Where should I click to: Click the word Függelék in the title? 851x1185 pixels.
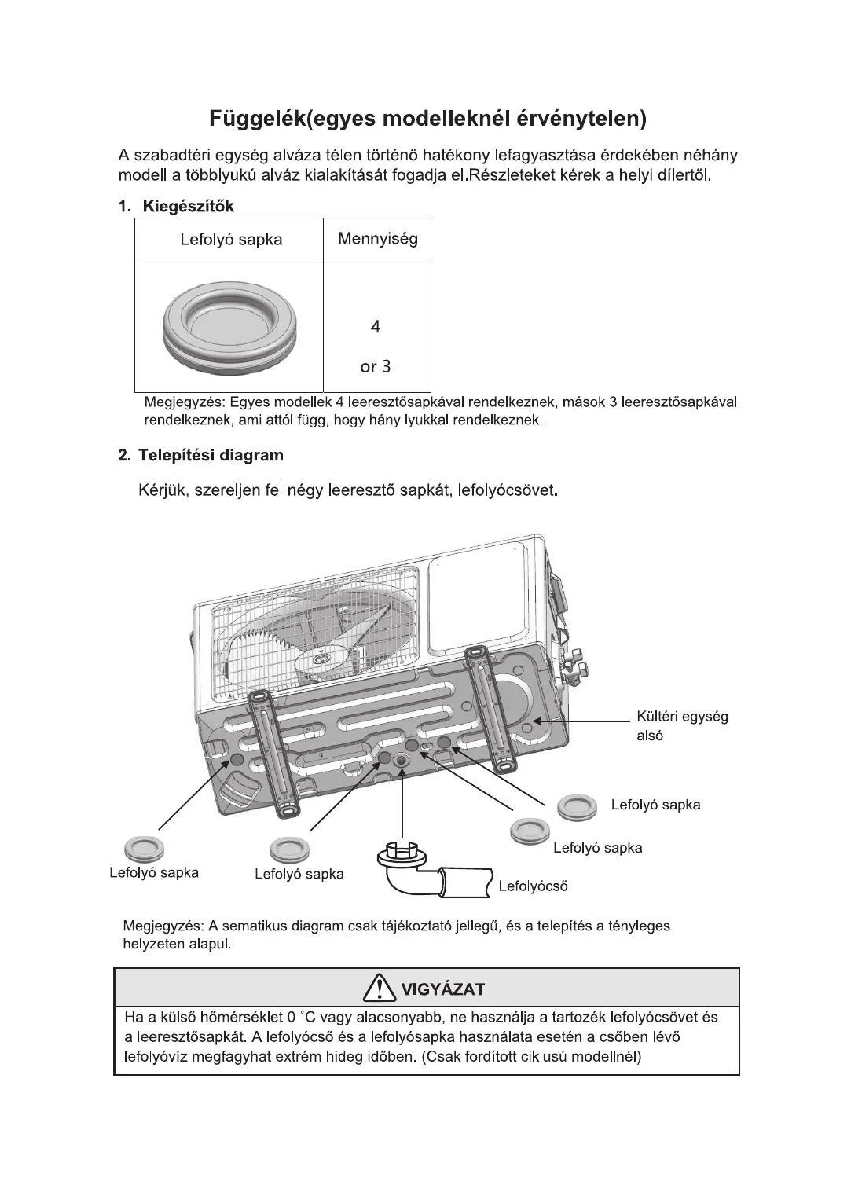click(255, 119)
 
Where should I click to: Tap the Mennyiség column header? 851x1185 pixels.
click(377, 239)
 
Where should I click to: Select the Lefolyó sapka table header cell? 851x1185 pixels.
click(230, 240)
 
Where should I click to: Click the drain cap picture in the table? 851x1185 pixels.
click(231, 327)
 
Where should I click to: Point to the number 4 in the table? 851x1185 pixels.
click(376, 327)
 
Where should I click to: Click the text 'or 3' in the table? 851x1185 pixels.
click(376, 366)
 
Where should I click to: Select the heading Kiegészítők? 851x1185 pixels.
click(188, 207)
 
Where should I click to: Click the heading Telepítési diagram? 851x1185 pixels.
click(211, 455)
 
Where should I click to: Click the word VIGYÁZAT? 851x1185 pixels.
click(443, 989)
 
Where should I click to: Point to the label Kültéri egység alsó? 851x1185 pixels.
click(681, 725)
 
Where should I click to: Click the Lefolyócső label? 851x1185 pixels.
click(533, 886)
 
